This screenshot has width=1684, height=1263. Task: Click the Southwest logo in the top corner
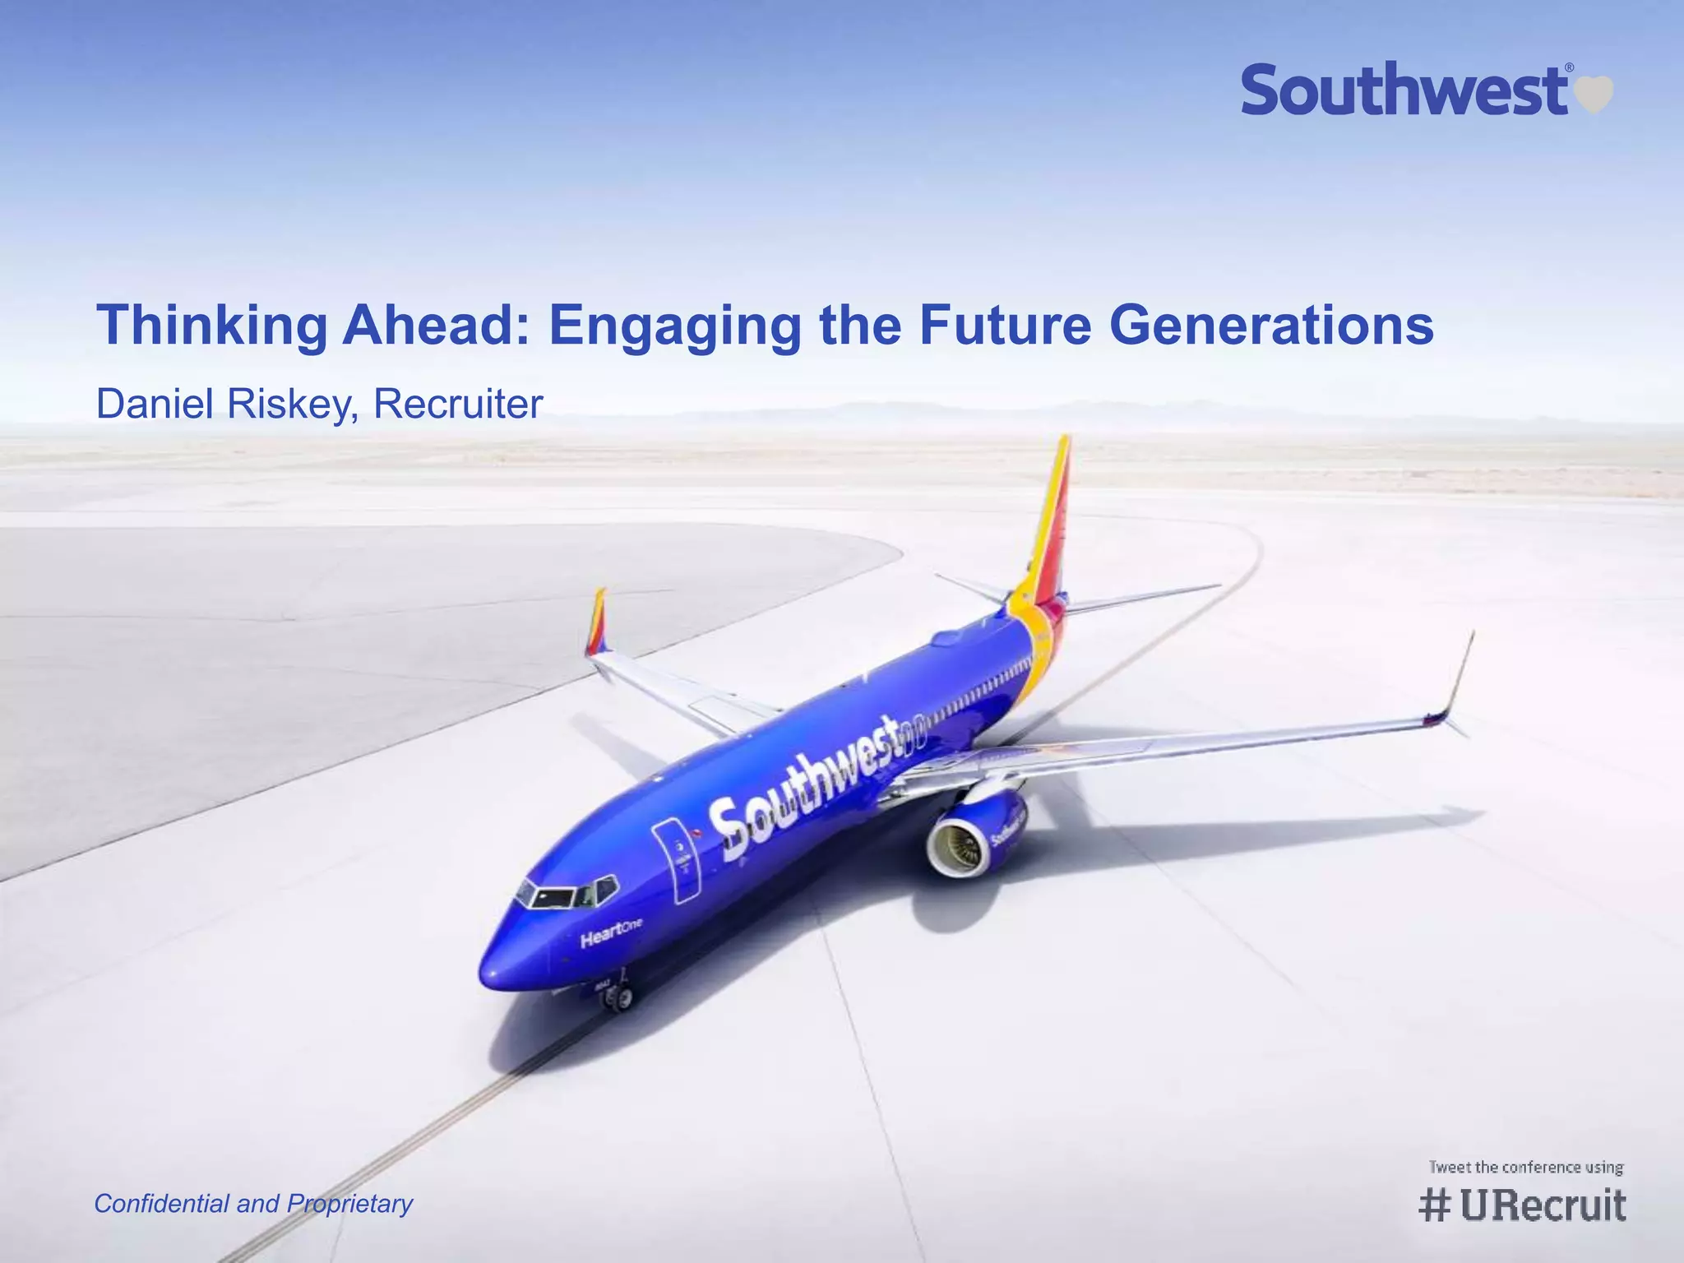[x=1406, y=90]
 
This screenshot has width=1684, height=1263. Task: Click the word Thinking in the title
[x=212, y=326]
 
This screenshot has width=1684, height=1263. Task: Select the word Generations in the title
[x=1271, y=326]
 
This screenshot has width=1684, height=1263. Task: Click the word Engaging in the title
[x=674, y=326]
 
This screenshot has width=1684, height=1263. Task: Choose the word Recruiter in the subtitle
[x=458, y=404]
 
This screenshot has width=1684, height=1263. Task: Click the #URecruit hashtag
[x=1522, y=1205]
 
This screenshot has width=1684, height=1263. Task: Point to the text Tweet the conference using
[x=1525, y=1167]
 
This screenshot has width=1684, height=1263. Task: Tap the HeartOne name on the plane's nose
[x=610, y=932]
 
